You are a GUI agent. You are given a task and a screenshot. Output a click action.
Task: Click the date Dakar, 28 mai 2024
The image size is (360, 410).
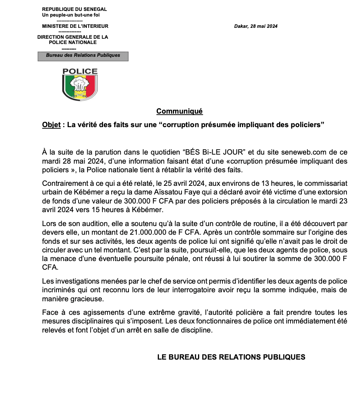256,26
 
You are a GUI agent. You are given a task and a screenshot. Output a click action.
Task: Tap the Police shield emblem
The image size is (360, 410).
80,85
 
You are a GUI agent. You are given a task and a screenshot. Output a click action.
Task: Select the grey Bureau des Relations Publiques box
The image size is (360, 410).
83,56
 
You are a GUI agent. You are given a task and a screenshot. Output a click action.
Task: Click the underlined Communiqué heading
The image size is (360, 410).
179,111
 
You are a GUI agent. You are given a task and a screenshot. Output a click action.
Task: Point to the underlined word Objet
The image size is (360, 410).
51,125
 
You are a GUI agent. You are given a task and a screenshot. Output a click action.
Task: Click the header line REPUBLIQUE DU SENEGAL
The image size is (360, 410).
74,9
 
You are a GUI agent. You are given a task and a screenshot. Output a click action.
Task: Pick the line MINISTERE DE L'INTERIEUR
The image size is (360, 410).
75,26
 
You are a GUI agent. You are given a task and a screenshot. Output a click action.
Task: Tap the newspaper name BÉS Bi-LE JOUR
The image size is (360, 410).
214,152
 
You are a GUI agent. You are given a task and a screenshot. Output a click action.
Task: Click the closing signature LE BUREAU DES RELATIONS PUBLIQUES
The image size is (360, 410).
231,357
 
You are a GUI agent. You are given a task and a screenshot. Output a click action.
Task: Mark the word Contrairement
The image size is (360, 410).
64,184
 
